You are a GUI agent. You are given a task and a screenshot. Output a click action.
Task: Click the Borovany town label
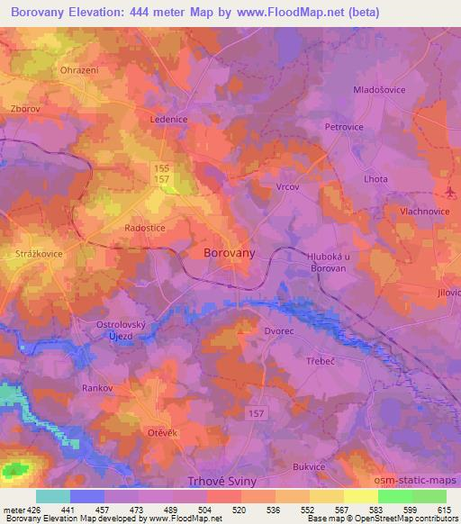(x=230, y=254)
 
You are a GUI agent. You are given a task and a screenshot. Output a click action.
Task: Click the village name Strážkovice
(x=39, y=255)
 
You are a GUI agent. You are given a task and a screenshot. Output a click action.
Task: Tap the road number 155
(x=160, y=167)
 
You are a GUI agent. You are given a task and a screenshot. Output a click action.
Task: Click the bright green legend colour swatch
(x=394, y=496)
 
